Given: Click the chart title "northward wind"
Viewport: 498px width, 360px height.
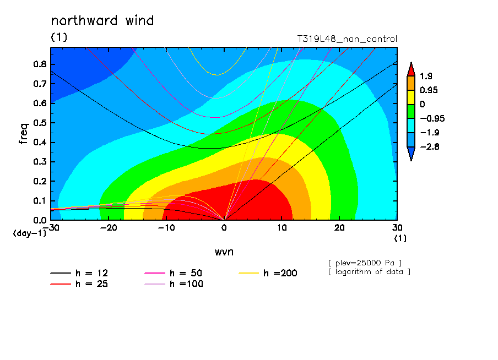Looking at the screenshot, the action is coord(102,20).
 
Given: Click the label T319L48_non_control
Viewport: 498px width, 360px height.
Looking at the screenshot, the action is coord(347,39).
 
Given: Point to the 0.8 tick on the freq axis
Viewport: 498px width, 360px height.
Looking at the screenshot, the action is coord(40,64).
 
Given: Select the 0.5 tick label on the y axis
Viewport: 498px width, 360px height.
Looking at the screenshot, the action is coord(40,123).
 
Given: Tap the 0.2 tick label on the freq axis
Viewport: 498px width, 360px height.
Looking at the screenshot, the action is coord(40,181).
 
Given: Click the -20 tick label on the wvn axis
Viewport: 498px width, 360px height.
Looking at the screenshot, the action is coord(109,228).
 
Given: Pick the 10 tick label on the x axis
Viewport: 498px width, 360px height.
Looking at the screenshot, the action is coord(282,228).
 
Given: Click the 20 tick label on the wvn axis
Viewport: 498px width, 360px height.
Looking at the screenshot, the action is coord(339,228).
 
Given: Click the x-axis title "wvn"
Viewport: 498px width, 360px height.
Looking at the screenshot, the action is coord(224,252).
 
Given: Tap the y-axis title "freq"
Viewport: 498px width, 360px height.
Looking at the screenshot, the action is coord(24,134).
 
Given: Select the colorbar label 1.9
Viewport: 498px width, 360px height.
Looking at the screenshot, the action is coord(426,76).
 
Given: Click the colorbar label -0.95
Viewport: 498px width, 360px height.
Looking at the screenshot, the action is coord(432,119).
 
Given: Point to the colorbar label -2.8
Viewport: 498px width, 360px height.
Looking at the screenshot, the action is coord(429,146).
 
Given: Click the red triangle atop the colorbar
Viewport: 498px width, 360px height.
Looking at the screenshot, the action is coord(411,70).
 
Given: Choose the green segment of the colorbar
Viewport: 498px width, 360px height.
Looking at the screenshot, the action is coord(411,111).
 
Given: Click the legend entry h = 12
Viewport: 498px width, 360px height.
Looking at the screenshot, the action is coord(79,273).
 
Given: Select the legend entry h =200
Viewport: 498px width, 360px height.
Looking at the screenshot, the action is coord(268,273).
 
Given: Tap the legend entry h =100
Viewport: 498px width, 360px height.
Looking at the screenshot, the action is coord(174,284).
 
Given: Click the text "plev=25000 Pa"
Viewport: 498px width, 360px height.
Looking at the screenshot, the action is coord(365,263).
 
